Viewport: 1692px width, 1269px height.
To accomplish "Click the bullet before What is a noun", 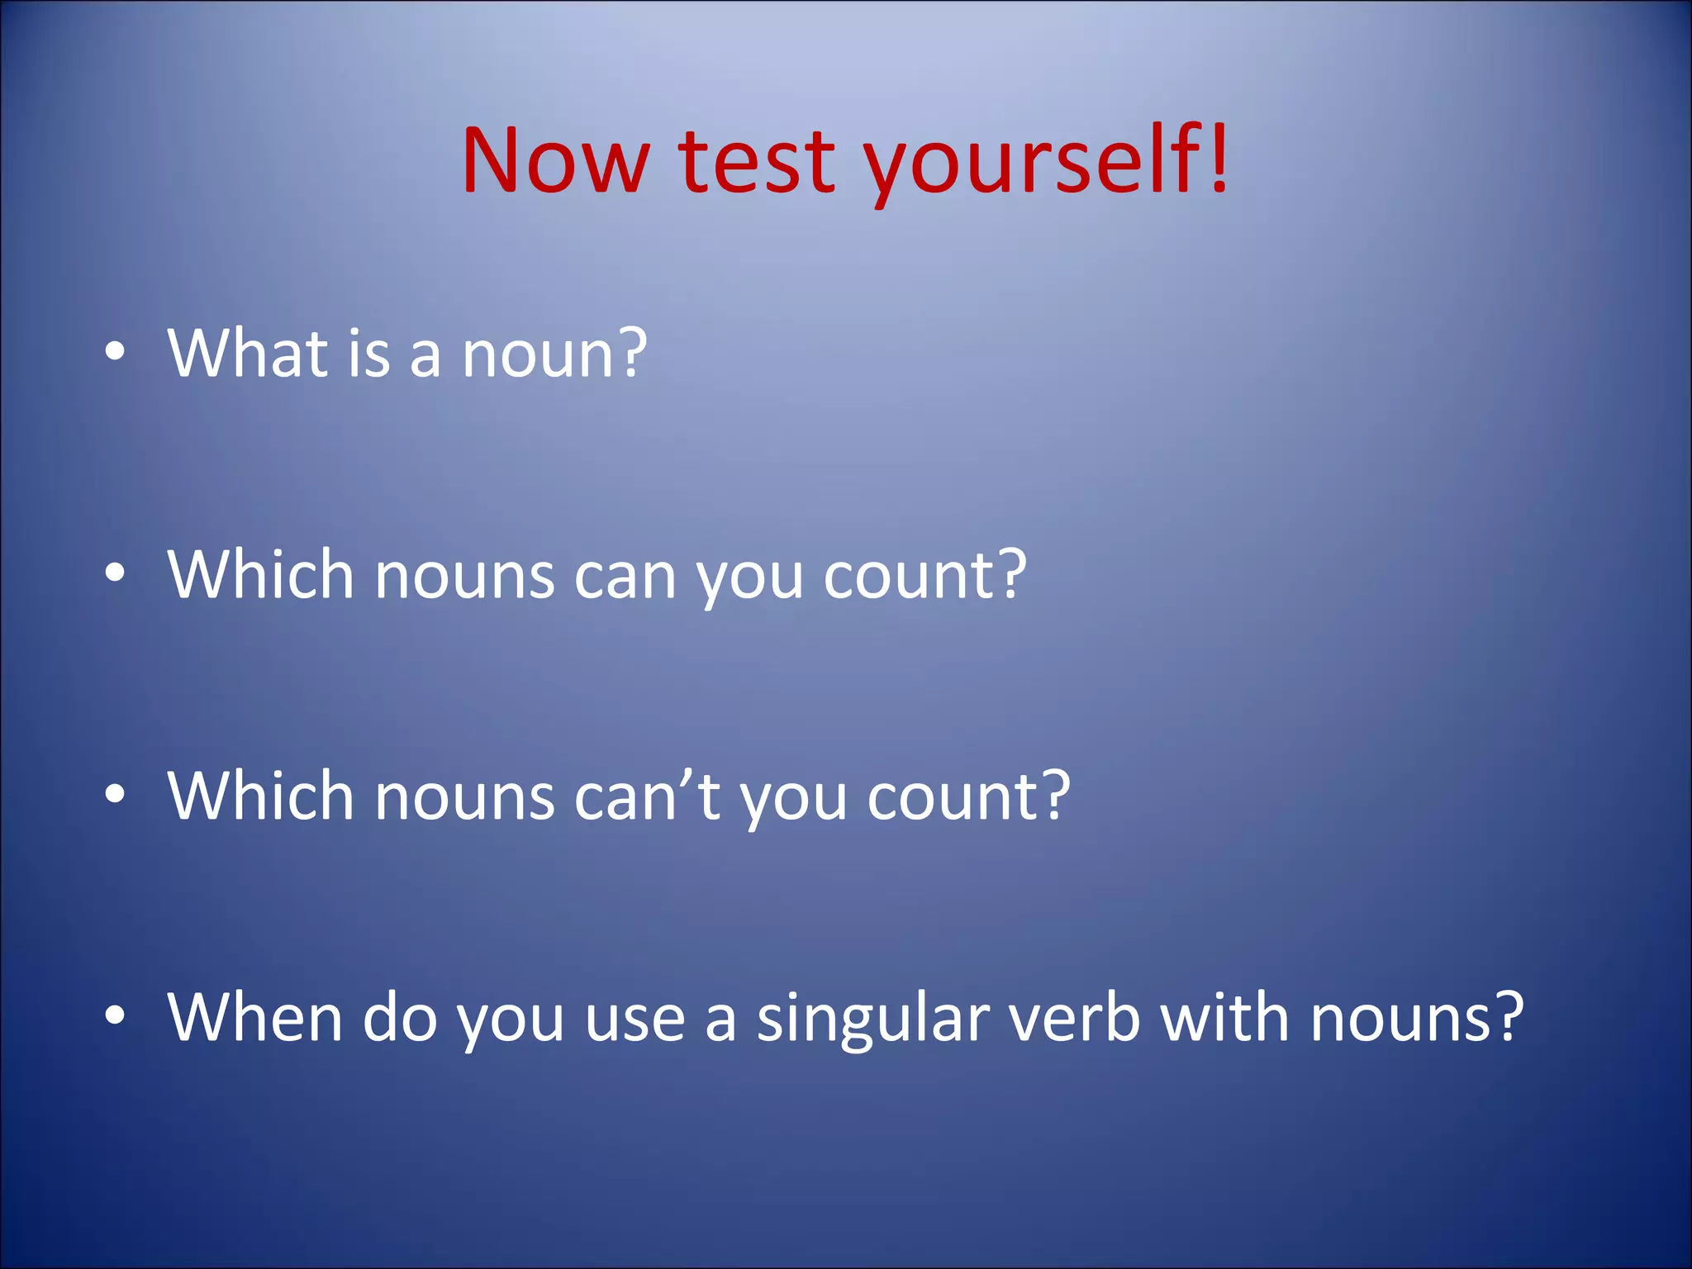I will tap(115, 352).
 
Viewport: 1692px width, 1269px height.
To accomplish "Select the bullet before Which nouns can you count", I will tap(115, 573).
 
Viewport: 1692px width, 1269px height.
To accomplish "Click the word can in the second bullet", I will tap(625, 576).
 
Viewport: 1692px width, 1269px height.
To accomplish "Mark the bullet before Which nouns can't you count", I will tap(115, 794).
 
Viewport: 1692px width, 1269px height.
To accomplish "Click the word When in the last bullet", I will tap(254, 1017).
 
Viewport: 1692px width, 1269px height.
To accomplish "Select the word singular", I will tap(872, 1019).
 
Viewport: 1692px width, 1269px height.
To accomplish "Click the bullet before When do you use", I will tap(115, 1015).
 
